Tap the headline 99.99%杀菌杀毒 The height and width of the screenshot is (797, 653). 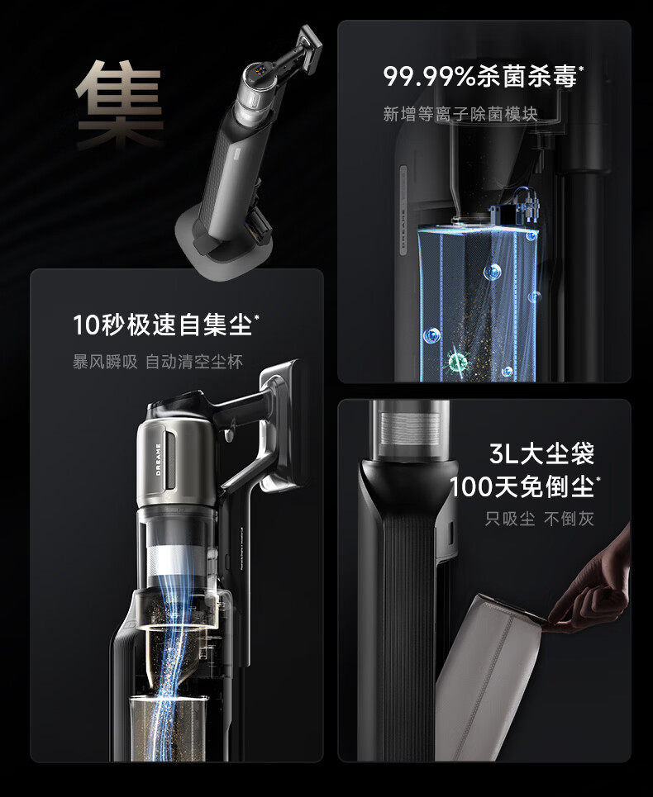[x=480, y=77]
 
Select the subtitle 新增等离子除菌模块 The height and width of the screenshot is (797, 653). [x=460, y=114]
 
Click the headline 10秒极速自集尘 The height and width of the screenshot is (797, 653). [x=163, y=325]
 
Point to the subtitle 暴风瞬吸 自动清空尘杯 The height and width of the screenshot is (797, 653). [x=158, y=362]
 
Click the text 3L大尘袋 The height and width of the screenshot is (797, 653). [x=541, y=453]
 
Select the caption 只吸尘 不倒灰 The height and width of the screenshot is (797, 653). [x=539, y=519]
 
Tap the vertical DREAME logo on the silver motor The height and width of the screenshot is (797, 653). [x=158, y=459]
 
